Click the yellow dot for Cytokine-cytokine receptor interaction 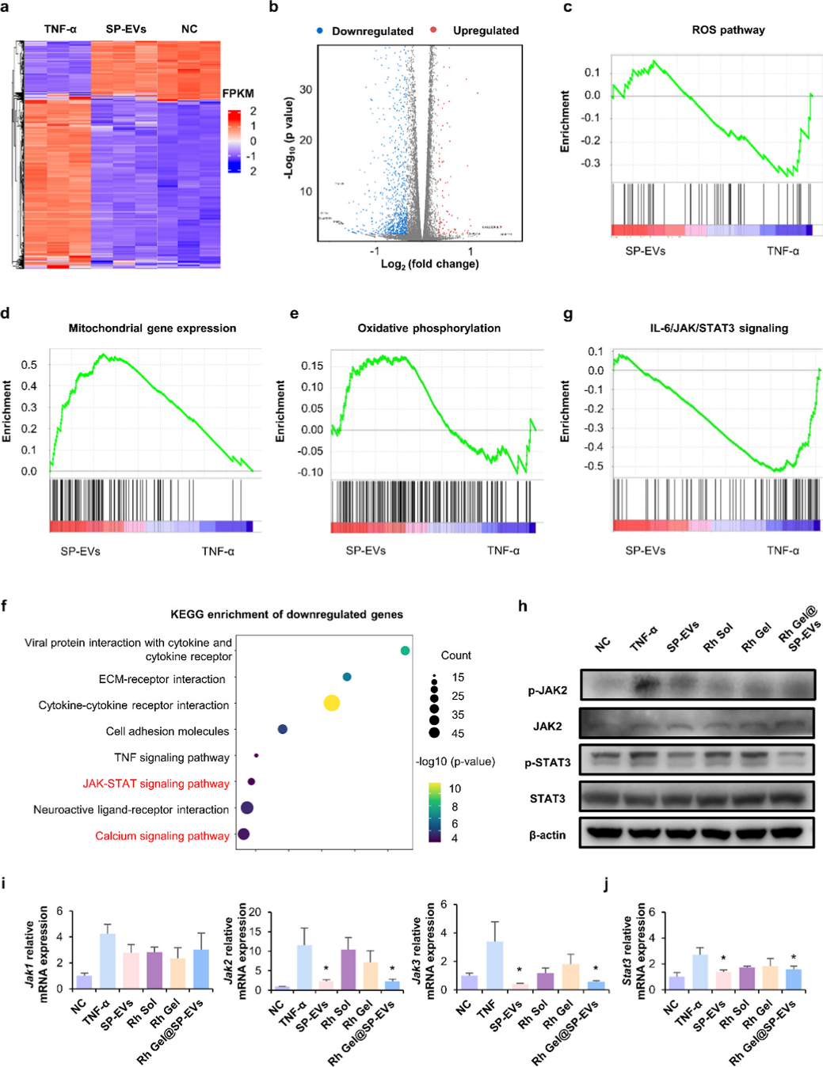[x=332, y=703]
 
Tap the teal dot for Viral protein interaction [x=406, y=651]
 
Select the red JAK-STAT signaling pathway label [x=156, y=784]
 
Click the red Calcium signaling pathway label [x=162, y=836]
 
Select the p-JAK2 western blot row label [x=547, y=690]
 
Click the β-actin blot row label [x=547, y=834]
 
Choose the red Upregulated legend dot [x=433, y=30]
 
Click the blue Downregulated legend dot [x=319, y=30]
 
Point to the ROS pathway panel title [x=728, y=30]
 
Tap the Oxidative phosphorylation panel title [x=429, y=328]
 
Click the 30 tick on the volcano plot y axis [x=306, y=89]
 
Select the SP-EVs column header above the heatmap [x=126, y=29]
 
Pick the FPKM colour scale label [x=238, y=93]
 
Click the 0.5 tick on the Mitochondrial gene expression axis [x=29, y=365]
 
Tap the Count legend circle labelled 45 [x=434, y=733]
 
